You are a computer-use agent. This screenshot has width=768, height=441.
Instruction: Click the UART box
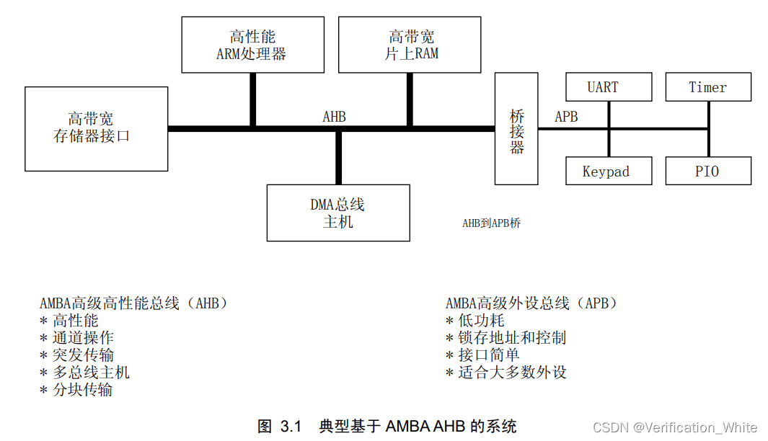(x=609, y=87)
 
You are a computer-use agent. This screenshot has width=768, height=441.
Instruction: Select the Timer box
(x=708, y=87)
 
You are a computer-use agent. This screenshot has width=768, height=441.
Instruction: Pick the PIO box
(x=708, y=171)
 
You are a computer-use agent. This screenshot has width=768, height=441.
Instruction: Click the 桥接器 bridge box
(x=516, y=129)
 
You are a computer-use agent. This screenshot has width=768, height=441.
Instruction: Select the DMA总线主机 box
(x=338, y=213)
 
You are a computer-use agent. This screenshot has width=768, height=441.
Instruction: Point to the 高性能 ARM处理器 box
(x=252, y=45)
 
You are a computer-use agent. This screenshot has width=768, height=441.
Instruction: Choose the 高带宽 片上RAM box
(x=410, y=45)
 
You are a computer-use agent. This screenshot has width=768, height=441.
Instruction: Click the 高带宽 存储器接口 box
(x=97, y=128)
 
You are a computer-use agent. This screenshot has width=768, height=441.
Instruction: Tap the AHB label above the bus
(x=334, y=117)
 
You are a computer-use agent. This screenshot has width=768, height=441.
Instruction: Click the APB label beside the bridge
(x=566, y=117)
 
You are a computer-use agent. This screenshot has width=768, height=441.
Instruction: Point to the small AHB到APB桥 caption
(x=491, y=223)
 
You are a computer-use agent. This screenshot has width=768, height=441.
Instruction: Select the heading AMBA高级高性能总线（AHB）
(x=134, y=303)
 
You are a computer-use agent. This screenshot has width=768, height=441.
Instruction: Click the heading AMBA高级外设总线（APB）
(x=532, y=303)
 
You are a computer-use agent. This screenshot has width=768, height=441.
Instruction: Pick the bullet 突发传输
(x=83, y=355)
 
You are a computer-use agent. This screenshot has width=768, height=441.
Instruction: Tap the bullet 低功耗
(x=481, y=321)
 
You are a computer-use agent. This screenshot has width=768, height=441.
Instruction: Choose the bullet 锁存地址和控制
(x=512, y=338)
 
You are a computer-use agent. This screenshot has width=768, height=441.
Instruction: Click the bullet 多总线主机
(x=91, y=373)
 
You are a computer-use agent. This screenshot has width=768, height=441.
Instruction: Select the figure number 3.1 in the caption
(x=290, y=427)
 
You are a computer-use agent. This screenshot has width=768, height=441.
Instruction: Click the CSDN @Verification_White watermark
(x=675, y=428)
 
